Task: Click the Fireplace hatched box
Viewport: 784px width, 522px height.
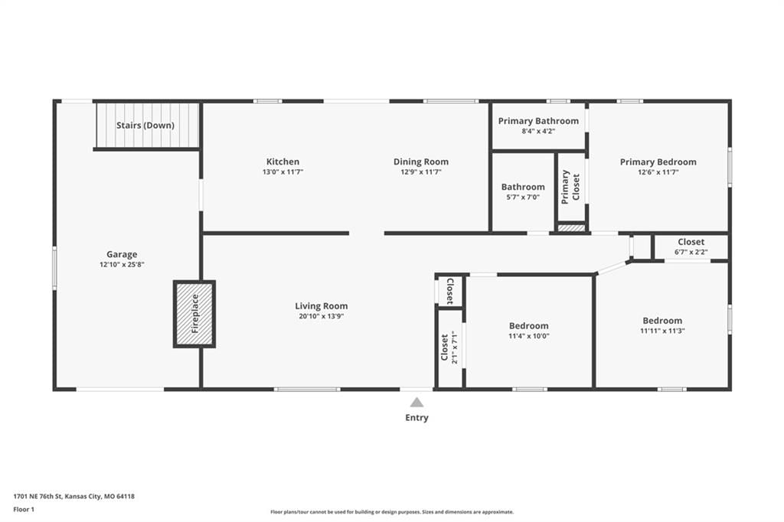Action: coord(194,314)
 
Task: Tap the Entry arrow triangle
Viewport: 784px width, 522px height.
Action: coord(416,403)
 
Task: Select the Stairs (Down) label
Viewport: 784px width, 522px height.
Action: coord(145,125)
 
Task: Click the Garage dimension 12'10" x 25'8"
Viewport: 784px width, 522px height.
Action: coord(122,265)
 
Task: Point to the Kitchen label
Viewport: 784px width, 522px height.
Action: coord(283,161)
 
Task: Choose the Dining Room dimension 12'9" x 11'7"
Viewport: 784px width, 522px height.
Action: coord(421,172)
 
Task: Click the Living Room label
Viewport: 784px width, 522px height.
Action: coord(321,306)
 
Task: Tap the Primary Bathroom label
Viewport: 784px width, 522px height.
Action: coord(538,121)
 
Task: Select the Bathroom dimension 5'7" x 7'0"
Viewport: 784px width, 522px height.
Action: coord(523,197)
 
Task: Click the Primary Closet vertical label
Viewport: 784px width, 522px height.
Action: coord(570,187)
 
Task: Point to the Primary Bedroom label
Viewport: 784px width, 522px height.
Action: coord(658,162)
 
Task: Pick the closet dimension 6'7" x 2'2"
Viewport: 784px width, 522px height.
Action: coord(691,252)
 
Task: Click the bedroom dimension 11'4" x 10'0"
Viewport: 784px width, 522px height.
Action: coord(529,336)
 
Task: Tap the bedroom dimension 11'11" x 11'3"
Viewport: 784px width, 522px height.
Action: coord(662,331)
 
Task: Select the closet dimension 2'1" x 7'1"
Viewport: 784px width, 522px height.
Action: coord(454,347)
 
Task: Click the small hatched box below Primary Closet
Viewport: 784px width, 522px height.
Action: coord(571,228)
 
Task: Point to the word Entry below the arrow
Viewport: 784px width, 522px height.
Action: coord(416,417)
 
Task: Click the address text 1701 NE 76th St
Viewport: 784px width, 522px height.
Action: coord(38,497)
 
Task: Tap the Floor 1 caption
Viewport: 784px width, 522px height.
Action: coord(24,510)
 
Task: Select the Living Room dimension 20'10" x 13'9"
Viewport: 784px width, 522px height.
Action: coord(321,316)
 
